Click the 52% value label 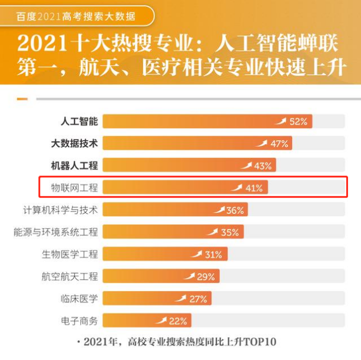298,121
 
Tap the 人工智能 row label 79,121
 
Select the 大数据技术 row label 74,144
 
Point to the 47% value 279,144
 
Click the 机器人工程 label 74,166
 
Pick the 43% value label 263,166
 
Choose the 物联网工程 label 74,187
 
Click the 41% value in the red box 254,188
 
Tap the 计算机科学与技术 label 60,210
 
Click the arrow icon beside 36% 219,210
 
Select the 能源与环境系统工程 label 56,232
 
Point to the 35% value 230,232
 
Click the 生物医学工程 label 70,254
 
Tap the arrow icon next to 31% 197,254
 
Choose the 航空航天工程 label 70,276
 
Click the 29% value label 206,277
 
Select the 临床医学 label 79,298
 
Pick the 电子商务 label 79,321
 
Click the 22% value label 178,321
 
